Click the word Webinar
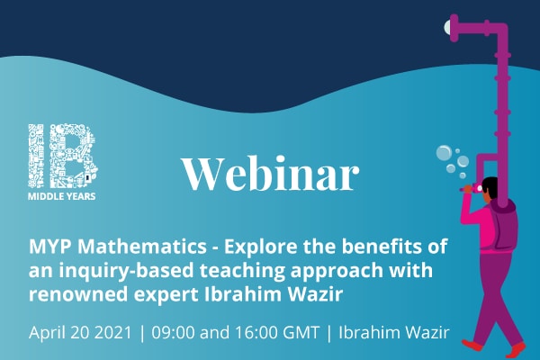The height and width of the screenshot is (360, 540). [271, 173]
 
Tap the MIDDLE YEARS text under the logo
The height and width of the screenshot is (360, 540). [61, 196]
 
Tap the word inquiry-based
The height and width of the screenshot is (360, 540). [126, 272]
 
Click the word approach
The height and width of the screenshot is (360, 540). [337, 272]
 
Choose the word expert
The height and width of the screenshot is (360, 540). [166, 295]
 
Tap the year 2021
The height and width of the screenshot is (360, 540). [113, 332]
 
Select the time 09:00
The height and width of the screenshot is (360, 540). [173, 332]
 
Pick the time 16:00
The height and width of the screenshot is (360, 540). [256, 332]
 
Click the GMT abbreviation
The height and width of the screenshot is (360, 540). [301, 332]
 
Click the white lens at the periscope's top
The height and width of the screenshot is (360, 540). [447, 26]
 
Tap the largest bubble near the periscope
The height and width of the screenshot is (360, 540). [444, 153]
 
